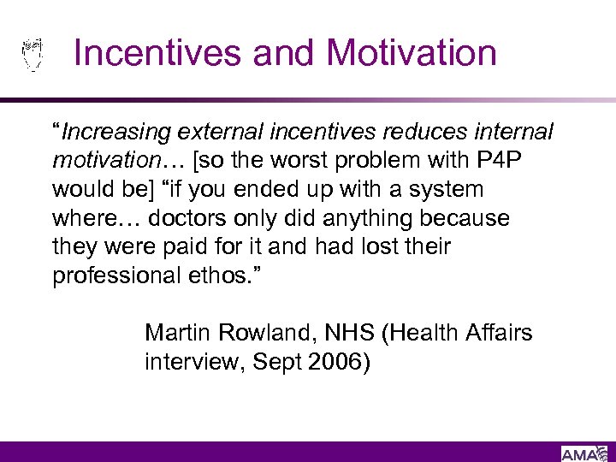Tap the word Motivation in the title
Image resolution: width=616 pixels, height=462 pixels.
tap(412, 53)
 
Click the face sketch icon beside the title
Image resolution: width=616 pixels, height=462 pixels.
tap(32, 54)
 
